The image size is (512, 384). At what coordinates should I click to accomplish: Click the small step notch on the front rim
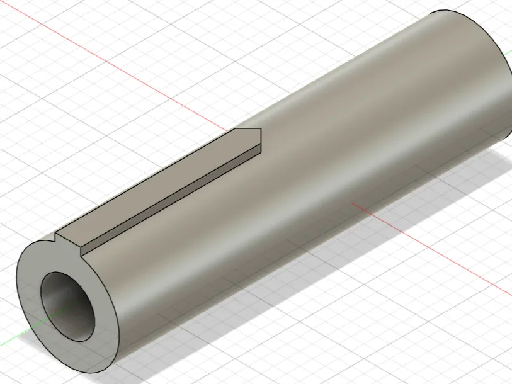[56, 239]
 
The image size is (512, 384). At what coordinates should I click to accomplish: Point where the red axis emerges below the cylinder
[353, 203]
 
